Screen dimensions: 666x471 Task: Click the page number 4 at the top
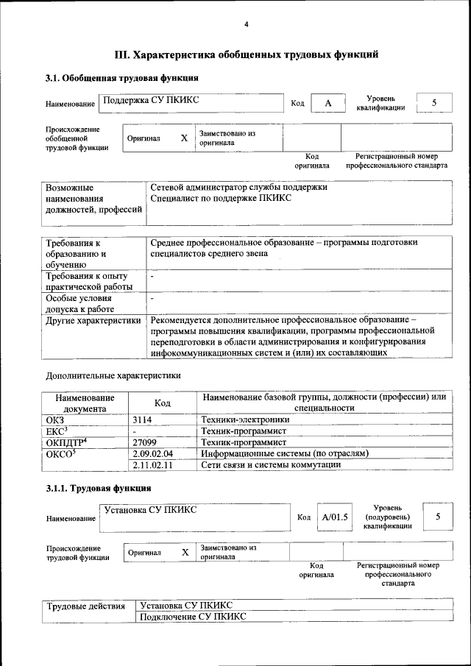tap(247, 25)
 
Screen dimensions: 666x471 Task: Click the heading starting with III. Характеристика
tap(247, 54)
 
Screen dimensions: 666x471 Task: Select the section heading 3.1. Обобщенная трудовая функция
tap(121, 78)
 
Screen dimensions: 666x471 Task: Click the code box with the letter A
tap(328, 104)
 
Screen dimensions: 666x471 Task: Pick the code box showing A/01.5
tap(335, 517)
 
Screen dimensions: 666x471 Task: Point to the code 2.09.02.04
tap(152, 453)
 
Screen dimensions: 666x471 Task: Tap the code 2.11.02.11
tap(152, 464)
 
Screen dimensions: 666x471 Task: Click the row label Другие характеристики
tap(93, 320)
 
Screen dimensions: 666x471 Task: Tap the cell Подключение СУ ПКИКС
tap(193, 617)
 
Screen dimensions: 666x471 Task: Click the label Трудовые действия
tap(86, 606)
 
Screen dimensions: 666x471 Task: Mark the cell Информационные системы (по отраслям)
tap(284, 453)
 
